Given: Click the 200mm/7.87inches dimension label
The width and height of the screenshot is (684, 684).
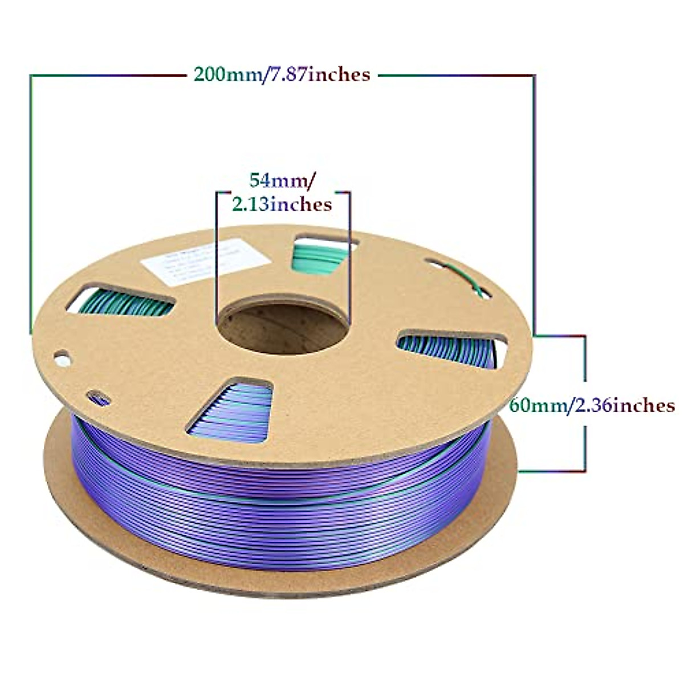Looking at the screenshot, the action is (282, 74).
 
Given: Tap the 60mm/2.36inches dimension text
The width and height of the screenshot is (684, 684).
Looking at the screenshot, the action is (592, 405).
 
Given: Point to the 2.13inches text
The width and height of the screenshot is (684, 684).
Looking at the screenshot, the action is (282, 203).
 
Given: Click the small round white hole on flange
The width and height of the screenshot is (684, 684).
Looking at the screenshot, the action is (62, 360).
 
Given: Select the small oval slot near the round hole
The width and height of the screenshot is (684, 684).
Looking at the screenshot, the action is (98, 397).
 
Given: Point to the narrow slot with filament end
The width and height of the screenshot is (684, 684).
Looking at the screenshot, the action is (459, 278).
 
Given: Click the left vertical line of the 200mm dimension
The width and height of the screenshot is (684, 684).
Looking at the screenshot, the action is (31, 199).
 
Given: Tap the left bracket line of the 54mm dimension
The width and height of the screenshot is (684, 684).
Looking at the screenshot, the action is (215, 256).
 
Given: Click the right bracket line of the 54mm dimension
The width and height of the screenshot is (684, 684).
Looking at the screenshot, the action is (349, 256).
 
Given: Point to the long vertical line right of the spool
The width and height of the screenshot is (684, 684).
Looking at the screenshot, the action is (534, 199).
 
